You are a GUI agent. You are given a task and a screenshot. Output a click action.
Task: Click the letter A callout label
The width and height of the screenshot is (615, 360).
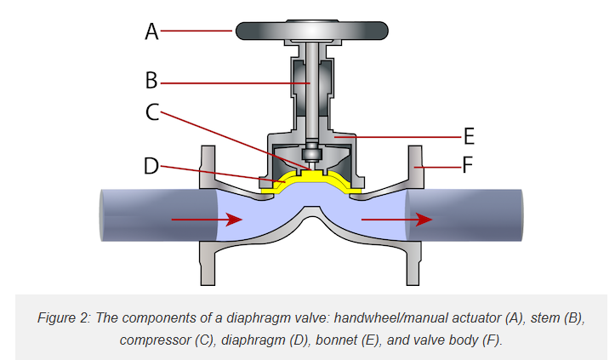tap(151, 31)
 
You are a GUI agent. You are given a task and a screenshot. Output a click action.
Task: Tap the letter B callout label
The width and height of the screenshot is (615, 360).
tap(151, 82)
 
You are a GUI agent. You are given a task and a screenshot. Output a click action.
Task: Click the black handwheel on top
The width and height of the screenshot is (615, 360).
tap(311, 30)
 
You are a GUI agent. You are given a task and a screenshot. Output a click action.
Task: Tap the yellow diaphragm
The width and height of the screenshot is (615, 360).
tap(311, 177)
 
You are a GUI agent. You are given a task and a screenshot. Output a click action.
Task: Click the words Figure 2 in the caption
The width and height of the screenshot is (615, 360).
tap(64, 317)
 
